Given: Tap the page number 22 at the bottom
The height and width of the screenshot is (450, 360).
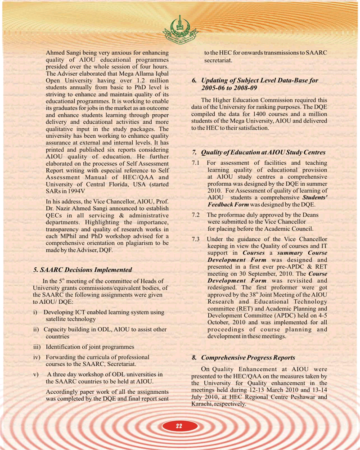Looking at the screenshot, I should pyautogui.click(x=180, y=427).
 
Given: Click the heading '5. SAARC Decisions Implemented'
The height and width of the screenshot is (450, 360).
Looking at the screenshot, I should pyautogui.click(x=83, y=270).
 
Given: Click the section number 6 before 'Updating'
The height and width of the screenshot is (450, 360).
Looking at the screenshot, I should pyautogui.click(x=194, y=80).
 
